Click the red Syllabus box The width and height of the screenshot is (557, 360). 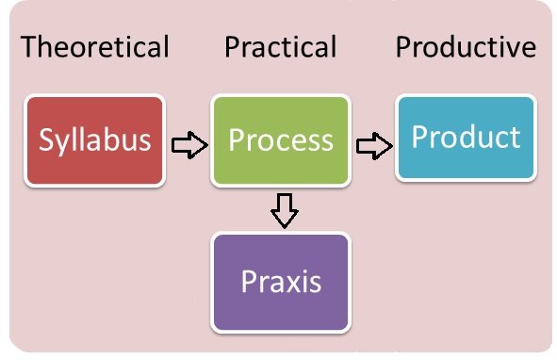tap(95, 139)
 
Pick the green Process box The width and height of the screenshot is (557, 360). tap(281, 139)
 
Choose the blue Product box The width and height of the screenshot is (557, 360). tap(466, 138)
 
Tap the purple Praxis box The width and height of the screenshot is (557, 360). tap(281, 282)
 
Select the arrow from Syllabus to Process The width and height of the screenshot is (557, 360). tap(188, 144)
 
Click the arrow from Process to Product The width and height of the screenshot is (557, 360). tap(374, 145)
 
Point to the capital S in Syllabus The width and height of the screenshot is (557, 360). tap(47, 139)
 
